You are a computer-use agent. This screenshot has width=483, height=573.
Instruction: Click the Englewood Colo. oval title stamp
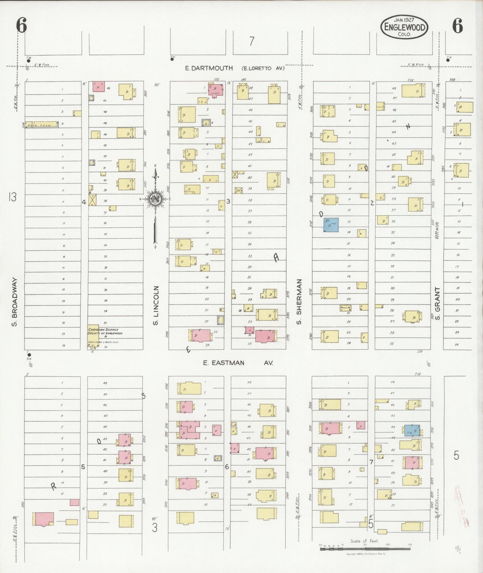coord(404,27)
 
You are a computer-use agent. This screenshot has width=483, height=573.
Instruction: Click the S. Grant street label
coord(437,303)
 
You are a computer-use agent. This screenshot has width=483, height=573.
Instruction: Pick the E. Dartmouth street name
coord(209,68)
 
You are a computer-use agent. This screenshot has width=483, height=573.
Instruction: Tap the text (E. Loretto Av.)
coord(262,68)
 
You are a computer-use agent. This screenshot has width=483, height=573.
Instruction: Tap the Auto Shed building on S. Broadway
coord(42,125)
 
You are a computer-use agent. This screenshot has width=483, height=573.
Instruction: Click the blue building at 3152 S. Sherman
coord(331,225)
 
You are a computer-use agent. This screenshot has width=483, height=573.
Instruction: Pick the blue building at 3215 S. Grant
coord(412,430)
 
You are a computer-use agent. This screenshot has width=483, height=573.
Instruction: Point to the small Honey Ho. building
coord(345,308)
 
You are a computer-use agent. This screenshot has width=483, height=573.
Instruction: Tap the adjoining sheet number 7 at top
coord(252,41)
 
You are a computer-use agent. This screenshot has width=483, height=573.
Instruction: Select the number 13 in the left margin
coord(12,197)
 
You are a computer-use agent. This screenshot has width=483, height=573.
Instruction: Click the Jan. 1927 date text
coord(404,20)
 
